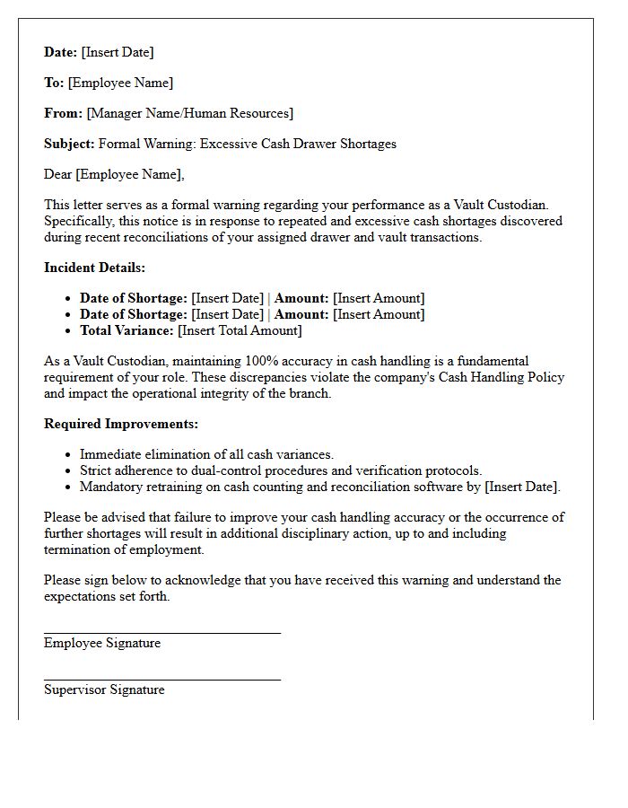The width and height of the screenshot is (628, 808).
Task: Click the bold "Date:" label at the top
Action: (x=61, y=52)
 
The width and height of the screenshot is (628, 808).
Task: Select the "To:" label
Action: (x=54, y=83)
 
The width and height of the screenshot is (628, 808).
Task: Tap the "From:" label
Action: (x=63, y=113)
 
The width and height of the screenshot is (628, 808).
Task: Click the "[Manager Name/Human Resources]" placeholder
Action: (x=189, y=113)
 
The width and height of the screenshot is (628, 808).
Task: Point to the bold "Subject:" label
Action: (x=69, y=144)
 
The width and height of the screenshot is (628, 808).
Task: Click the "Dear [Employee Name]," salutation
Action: (x=114, y=174)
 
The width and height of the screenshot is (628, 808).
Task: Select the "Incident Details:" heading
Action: (x=94, y=268)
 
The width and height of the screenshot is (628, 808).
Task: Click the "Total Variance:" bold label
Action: (x=126, y=330)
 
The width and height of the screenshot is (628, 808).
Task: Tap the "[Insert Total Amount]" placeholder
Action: (x=240, y=330)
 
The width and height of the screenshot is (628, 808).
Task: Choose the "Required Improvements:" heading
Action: (x=121, y=424)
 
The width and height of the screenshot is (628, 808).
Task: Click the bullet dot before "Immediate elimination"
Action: (x=68, y=455)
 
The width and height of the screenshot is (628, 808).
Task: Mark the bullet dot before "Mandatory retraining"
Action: (x=68, y=487)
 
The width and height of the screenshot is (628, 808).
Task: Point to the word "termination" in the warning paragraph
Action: (x=79, y=549)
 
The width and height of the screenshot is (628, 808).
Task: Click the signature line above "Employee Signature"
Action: (x=162, y=633)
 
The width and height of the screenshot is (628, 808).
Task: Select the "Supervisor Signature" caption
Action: (x=104, y=689)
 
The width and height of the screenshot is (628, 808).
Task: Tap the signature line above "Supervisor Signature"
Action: (x=162, y=680)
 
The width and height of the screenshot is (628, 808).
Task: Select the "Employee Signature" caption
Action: (x=102, y=643)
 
